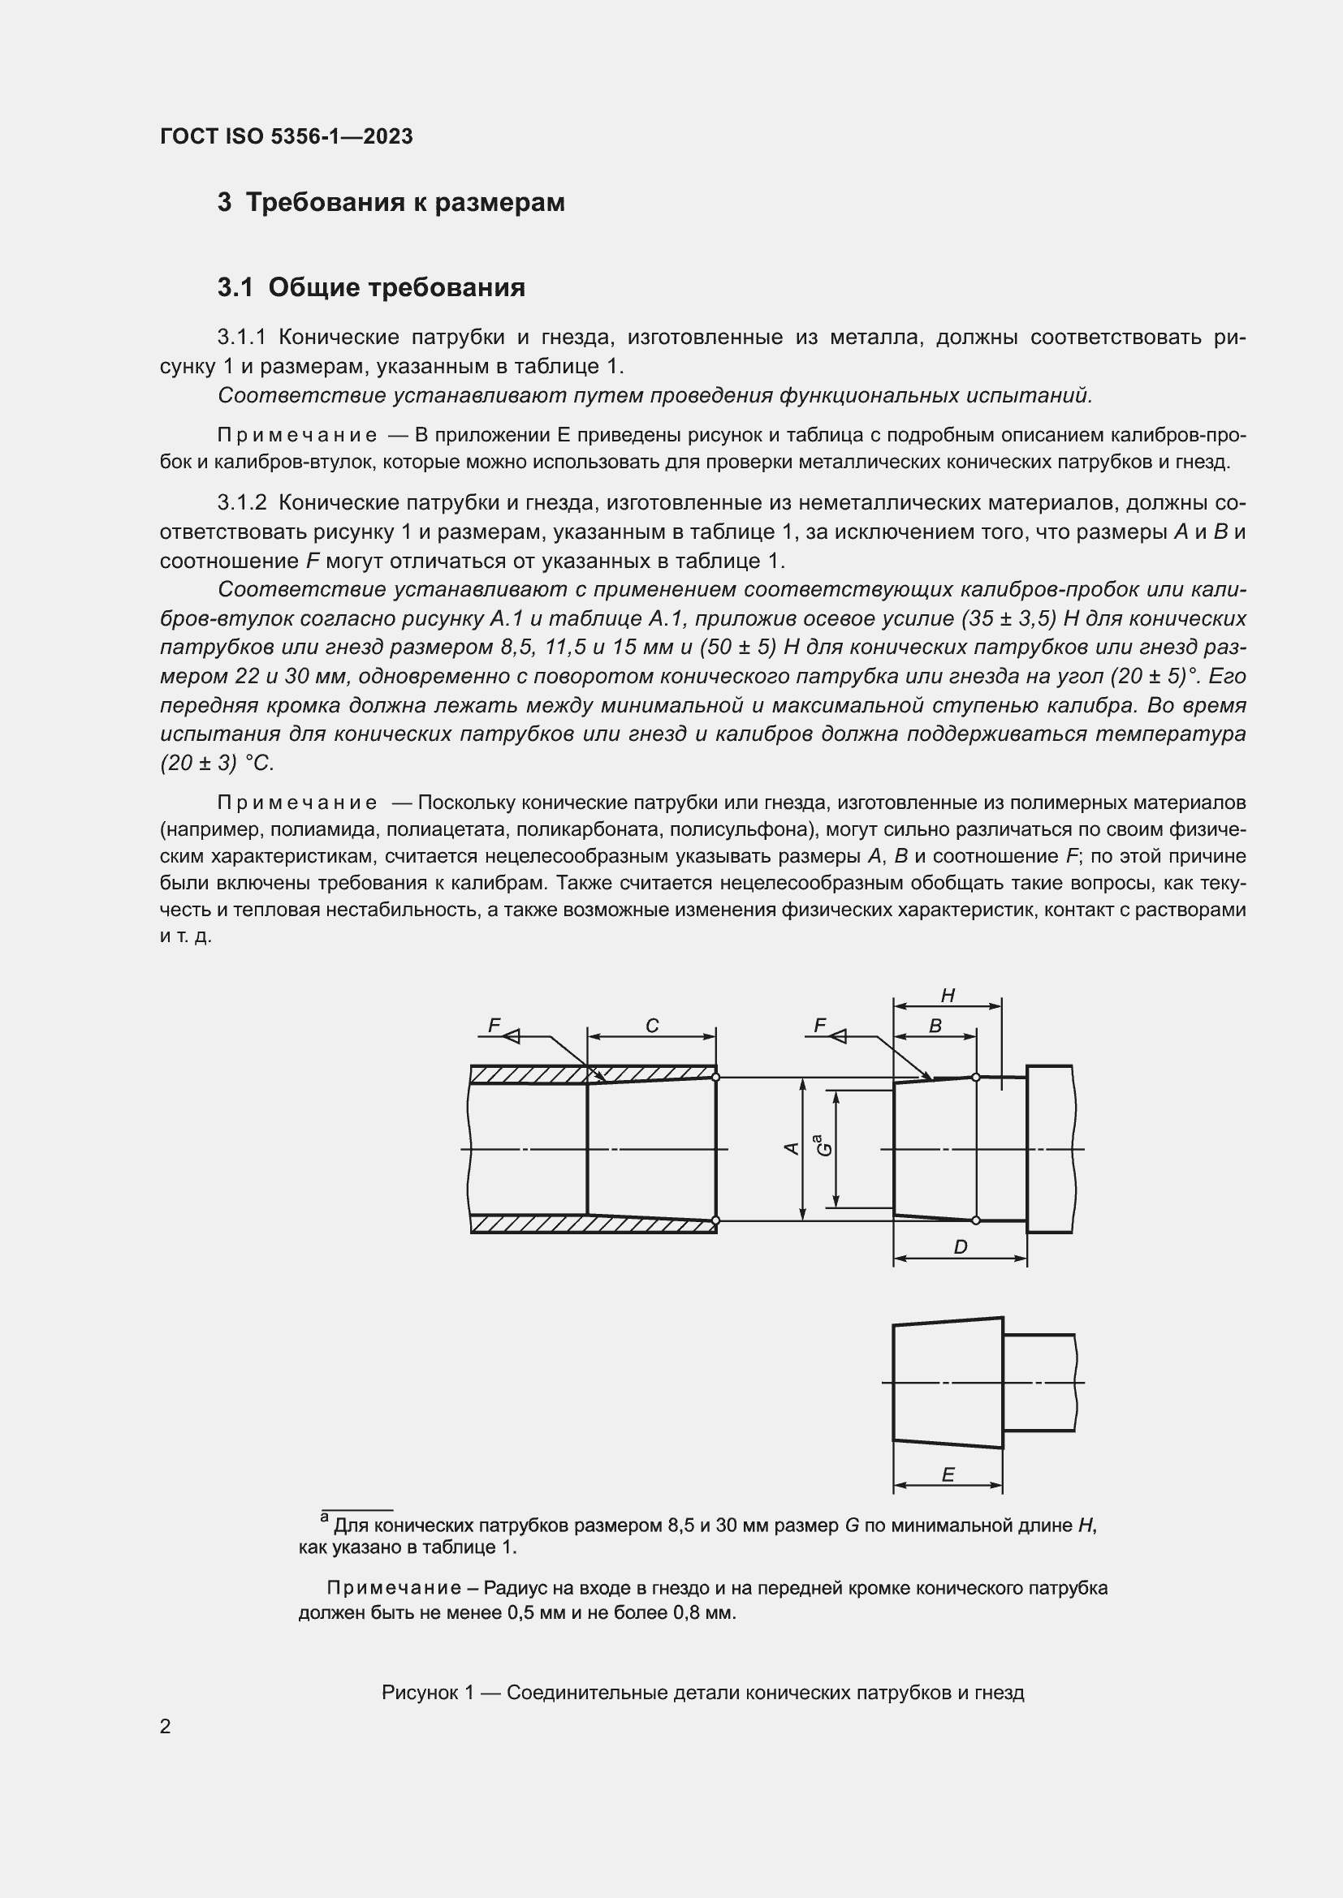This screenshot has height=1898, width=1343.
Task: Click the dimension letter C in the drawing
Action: pos(652,1026)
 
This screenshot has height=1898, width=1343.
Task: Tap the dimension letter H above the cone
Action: pos(948,996)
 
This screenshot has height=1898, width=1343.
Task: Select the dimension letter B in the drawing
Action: pos(935,1026)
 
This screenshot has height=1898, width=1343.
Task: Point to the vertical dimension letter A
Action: pos(792,1148)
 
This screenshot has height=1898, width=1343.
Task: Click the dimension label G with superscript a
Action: pos(823,1146)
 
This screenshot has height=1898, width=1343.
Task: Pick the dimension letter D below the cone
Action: pos(960,1246)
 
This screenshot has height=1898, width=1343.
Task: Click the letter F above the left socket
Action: pos(494,1026)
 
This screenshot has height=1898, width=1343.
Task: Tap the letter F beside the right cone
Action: pos(819,1026)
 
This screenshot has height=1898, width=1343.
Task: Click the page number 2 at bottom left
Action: pos(166,1727)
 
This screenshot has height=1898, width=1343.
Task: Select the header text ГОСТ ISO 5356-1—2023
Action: pos(286,136)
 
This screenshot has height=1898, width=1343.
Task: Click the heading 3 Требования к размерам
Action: pos(391,203)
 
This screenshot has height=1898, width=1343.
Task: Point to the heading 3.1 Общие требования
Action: pos(371,288)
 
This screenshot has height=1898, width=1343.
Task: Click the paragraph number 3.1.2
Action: pos(242,503)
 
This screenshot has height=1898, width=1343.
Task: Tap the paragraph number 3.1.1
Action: pos(242,338)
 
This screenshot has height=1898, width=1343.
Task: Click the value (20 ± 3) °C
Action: pos(217,763)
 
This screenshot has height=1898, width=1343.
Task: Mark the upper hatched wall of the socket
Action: pos(529,1074)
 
